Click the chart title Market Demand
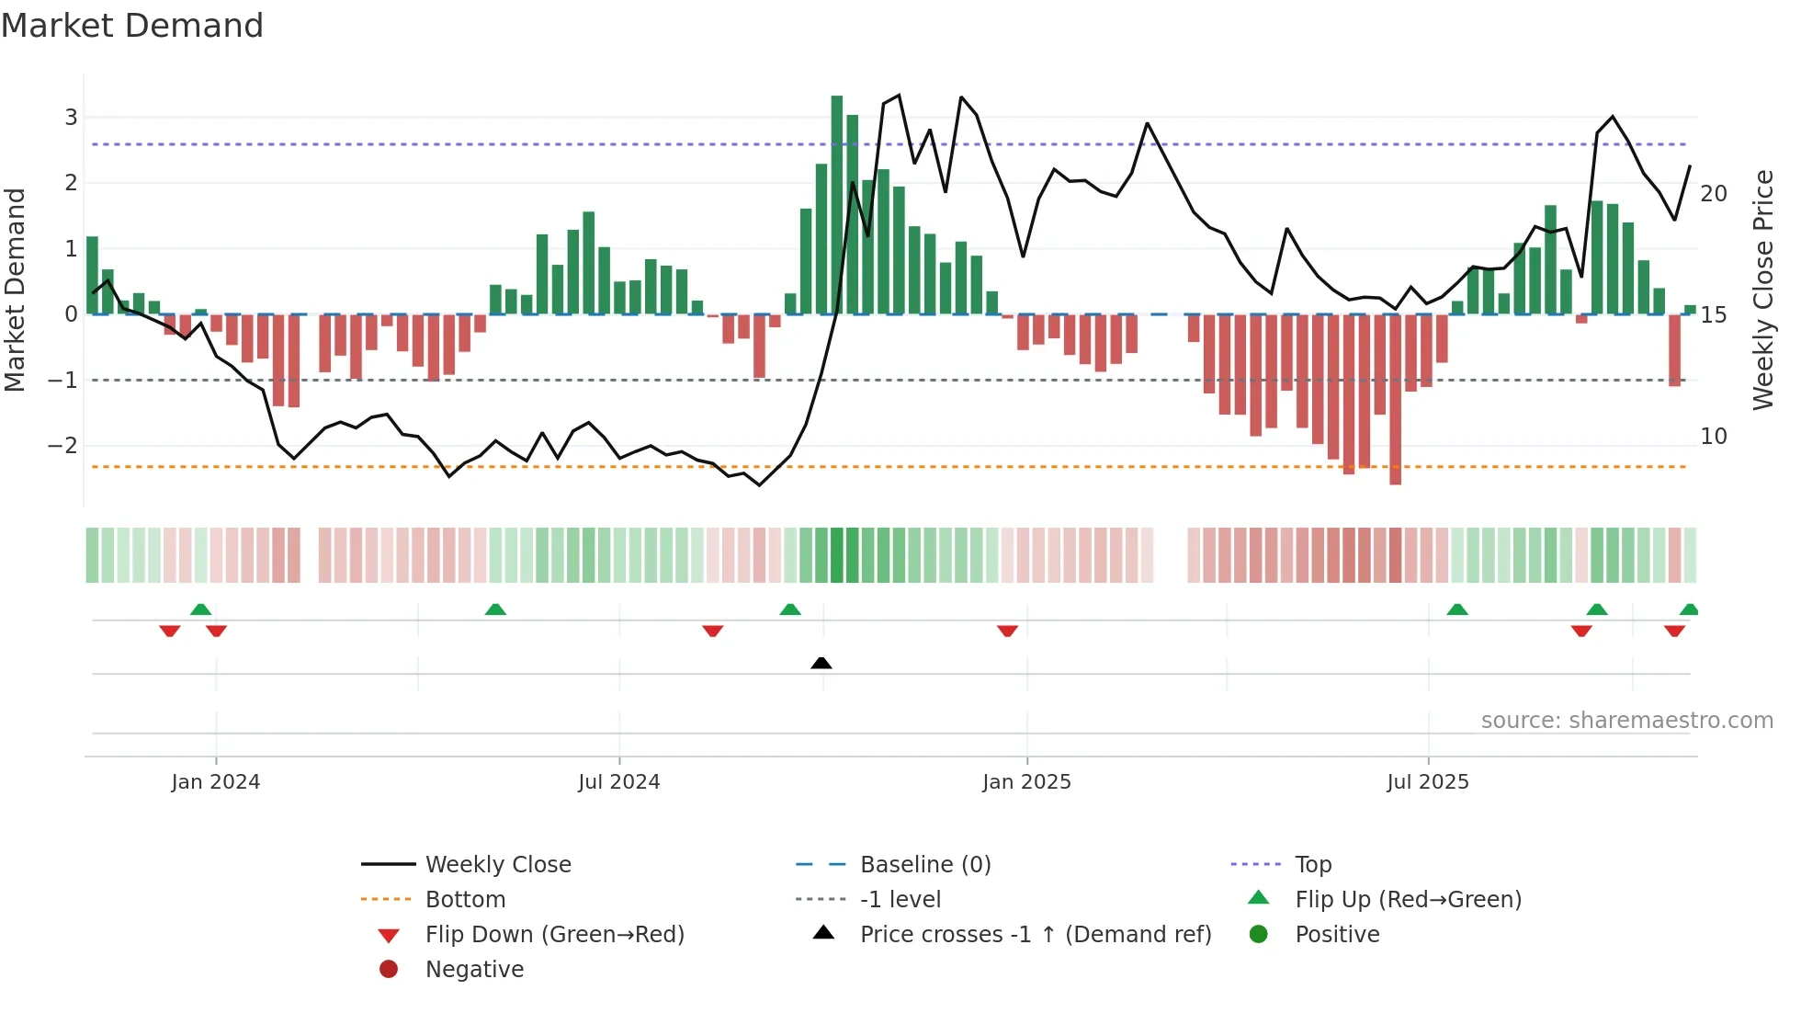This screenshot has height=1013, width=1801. click(x=132, y=26)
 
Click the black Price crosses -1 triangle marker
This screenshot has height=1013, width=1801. click(x=821, y=663)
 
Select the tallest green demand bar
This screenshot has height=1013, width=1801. click(x=837, y=204)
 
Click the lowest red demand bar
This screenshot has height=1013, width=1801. click(x=1396, y=400)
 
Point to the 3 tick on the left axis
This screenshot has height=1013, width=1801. click(x=71, y=117)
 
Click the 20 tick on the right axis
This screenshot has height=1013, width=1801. click(x=1714, y=193)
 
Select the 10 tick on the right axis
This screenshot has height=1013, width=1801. click(x=1714, y=436)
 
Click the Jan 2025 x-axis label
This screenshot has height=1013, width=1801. click(x=1026, y=781)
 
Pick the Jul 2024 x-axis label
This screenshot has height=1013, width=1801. click(x=618, y=781)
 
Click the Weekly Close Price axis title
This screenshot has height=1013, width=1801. click(x=1763, y=290)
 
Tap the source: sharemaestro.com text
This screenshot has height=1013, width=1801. click(x=1626, y=720)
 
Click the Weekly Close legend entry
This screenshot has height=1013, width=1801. click(x=498, y=864)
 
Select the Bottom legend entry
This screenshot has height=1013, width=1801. click(x=465, y=899)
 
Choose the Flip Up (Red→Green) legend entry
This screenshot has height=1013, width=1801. click(x=1408, y=899)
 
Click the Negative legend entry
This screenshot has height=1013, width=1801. click(x=474, y=969)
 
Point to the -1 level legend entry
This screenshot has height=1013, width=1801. click(x=900, y=899)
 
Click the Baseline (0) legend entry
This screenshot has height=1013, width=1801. click(x=925, y=864)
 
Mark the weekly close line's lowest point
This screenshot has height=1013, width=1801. click(x=759, y=485)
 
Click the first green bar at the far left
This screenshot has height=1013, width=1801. click(x=92, y=276)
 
